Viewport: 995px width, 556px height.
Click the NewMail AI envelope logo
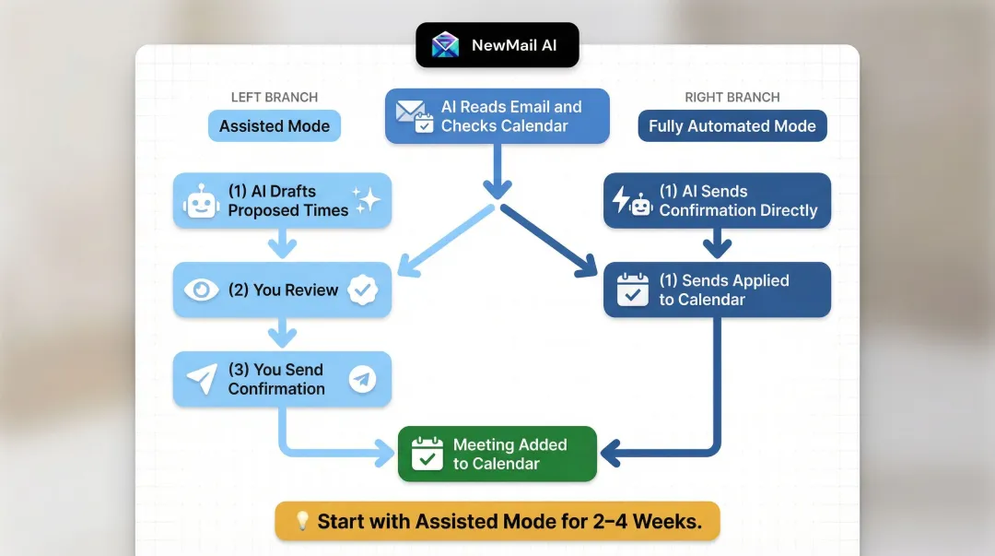point(445,45)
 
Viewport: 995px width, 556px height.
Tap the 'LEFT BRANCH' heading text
point(275,97)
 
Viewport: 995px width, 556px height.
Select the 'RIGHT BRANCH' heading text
point(732,97)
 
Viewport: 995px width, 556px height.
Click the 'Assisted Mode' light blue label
point(275,126)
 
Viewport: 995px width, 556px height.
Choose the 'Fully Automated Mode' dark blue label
point(732,126)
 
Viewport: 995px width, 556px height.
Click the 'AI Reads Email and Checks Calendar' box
point(497,117)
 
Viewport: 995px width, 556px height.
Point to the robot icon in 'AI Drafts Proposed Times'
point(200,201)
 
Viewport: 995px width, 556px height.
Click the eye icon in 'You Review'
point(201,290)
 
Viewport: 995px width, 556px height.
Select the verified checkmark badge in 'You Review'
point(363,290)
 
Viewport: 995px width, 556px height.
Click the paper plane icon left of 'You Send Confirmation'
point(201,379)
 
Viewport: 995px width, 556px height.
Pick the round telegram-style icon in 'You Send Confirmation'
point(363,379)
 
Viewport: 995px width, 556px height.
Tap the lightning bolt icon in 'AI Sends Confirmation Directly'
point(621,200)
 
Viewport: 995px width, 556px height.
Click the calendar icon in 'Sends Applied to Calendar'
point(633,290)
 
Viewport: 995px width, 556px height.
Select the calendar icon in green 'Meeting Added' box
point(427,454)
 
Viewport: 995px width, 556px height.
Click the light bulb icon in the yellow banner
point(301,521)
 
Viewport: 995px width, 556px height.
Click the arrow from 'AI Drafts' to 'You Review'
point(282,244)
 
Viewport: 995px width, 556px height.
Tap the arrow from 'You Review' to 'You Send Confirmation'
point(282,333)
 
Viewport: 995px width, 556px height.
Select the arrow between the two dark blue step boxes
point(717,244)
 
